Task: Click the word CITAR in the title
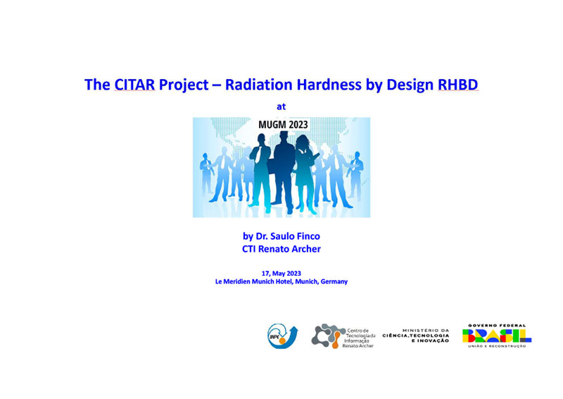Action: (134, 85)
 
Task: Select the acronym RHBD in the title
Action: (458, 85)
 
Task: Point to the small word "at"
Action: (281, 106)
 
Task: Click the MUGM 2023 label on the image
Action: (283, 125)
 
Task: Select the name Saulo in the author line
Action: (282, 236)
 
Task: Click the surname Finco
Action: (308, 236)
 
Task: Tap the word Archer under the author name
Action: (305, 249)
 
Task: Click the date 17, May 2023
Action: (281, 274)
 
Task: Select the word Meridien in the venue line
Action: (236, 281)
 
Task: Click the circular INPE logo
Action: (282, 336)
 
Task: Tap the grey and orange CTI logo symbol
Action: (326, 336)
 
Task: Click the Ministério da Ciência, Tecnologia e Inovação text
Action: (416, 336)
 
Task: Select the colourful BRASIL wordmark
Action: (497, 336)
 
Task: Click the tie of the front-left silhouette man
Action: (259, 154)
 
